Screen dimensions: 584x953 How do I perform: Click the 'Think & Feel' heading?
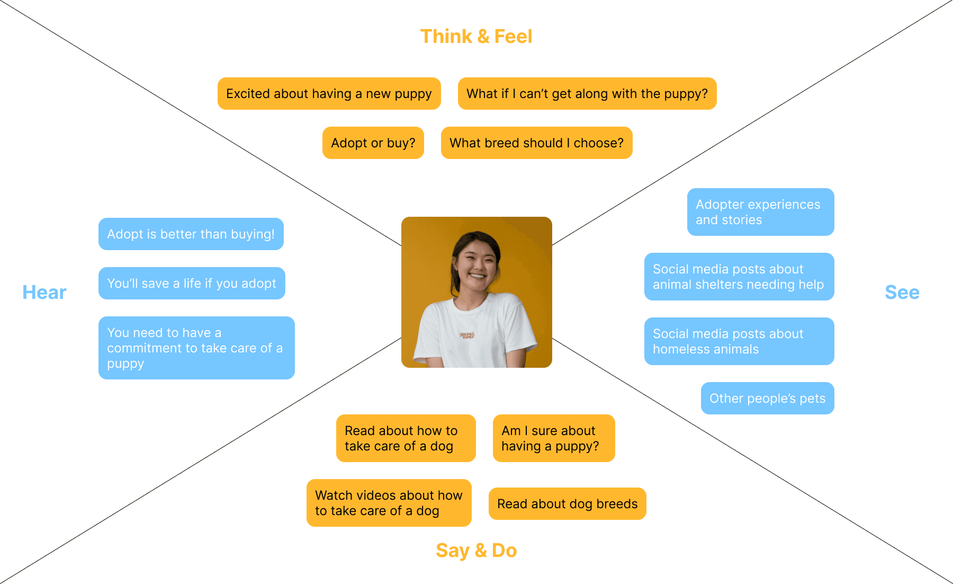click(476, 37)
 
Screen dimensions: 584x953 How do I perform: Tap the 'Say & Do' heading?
click(476, 551)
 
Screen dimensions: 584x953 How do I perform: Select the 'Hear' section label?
click(44, 293)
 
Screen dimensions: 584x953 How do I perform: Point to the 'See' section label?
click(902, 293)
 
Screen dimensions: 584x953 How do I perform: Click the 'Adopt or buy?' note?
click(373, 143)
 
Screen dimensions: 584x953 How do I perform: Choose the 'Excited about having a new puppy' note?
click(329, 94)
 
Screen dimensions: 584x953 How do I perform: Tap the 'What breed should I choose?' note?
click(536, 143)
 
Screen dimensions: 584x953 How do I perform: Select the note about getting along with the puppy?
click(587, 94)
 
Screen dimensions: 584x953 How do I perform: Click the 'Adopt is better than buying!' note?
click(191, 234)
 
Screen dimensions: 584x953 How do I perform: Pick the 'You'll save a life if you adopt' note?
click(192, 284)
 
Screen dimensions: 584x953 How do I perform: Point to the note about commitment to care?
click(196, 348)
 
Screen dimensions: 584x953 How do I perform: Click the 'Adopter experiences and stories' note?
click(760, 212)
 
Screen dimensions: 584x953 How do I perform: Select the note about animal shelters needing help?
click(739, 277)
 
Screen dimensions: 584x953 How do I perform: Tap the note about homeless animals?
click(739, 341)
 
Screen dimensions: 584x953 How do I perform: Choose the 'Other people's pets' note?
click(767, 399)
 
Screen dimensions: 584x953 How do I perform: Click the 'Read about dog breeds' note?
click(567, 504)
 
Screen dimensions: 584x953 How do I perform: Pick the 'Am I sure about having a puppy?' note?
click(553, 438)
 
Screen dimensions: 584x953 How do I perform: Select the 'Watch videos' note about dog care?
click(389, 503)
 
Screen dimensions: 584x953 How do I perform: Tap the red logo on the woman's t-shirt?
click(467, 335)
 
